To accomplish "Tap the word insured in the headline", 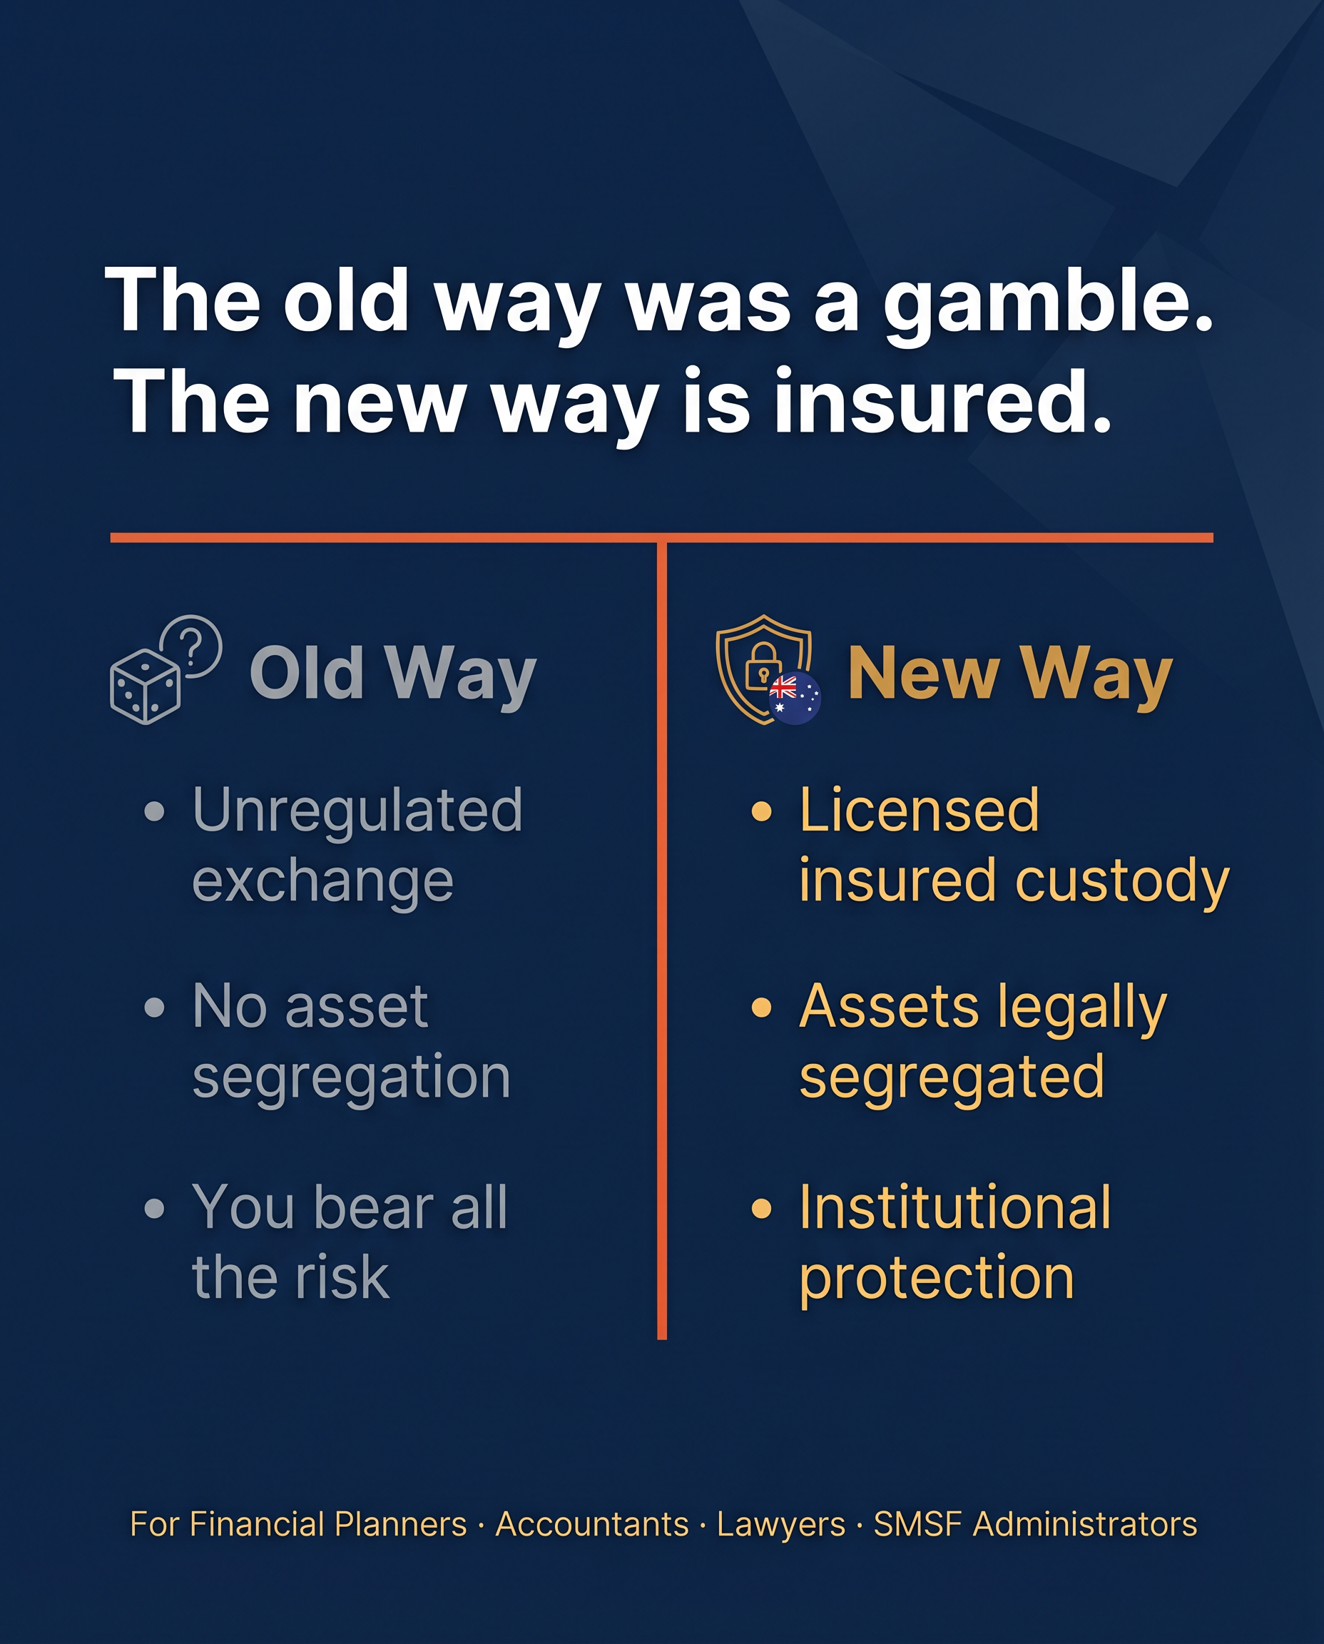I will click(941, 404).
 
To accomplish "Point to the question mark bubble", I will click(191, 645).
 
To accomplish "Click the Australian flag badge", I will click(794, 697).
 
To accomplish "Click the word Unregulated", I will click(357, 810).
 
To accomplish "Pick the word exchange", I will click(322, 882).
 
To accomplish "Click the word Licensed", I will click(919, 810).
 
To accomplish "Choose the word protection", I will click(937, 1278).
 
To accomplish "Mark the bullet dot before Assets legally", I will click(761, 1008).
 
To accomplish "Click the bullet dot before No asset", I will click(154, 1008).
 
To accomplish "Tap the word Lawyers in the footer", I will click(781, 1525).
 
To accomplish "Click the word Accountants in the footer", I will click(592, 1525).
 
